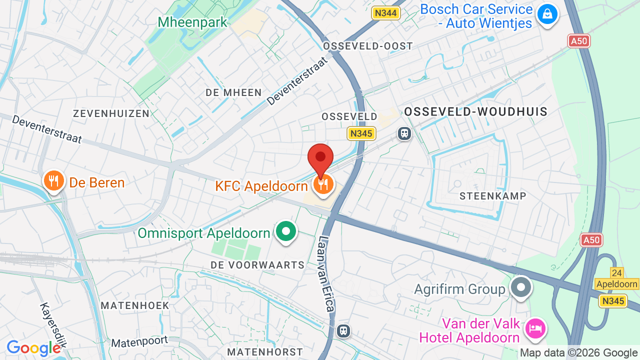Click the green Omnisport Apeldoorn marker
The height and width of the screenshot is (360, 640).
[x=286, y=232]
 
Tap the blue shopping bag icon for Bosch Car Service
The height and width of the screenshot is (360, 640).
[x=547, y=14]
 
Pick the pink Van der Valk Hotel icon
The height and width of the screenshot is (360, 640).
[x=535, y=328]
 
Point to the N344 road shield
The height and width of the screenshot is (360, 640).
[x=385, y=13]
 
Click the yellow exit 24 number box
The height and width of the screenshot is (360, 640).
[x=616, y=272]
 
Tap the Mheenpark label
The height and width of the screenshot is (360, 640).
[x=192, y=22]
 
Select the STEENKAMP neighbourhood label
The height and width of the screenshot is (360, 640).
[x=493, y=196]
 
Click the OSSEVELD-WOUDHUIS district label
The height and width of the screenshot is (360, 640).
[x=476, y=112]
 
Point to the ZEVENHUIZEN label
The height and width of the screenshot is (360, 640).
[x=111, y=113]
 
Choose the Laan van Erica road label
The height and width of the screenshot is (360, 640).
[x=325, y=273]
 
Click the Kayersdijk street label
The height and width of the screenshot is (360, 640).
[x=53, y=325]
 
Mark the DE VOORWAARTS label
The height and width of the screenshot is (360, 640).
[x=257, y=265]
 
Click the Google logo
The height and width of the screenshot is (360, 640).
[x=33, y=348]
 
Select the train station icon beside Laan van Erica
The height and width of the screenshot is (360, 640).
[x=343, y=330]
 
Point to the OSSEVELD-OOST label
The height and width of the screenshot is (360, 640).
[x=368, y=46]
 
